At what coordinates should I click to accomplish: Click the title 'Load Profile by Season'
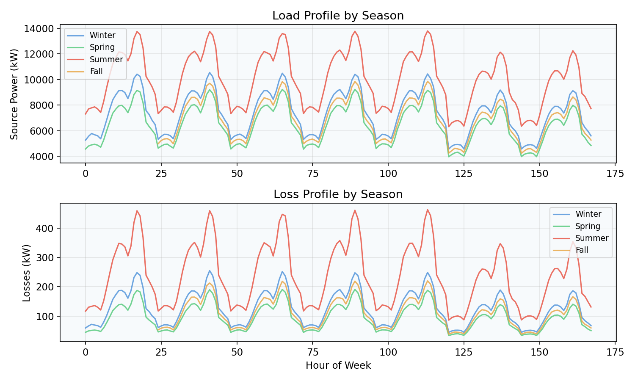338,16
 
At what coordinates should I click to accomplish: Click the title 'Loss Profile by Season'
338,195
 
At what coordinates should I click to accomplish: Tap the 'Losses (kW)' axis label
26,273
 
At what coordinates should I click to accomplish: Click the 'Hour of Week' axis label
338,366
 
